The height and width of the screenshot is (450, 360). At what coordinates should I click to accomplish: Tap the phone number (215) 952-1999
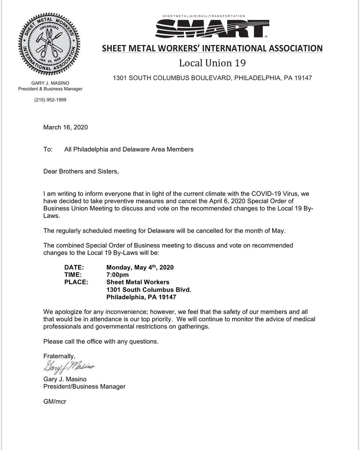pyautogui.click(x=50, y=100)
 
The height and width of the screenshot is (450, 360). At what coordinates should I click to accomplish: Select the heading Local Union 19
pyautogui.click(x=212, y=63)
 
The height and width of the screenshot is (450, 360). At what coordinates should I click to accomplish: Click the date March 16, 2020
pyautogui.click(x=66, y=127)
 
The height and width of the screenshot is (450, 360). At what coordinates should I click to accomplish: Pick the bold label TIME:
pyautogui.click(x=74, y=275)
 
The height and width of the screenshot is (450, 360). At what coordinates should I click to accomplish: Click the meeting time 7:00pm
pyautogui.click(x=118, y=275)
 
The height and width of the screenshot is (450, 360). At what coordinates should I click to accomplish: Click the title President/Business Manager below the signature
pyautogui.click(x=84, y=386)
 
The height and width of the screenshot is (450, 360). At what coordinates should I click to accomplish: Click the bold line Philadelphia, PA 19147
pyautogui.click(x=141, y=297)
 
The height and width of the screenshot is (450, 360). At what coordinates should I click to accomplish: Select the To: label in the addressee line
pyautogui.click(x=48, y=149)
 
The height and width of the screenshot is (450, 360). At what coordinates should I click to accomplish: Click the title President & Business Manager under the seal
pyautogui.click(x=50, y=89)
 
